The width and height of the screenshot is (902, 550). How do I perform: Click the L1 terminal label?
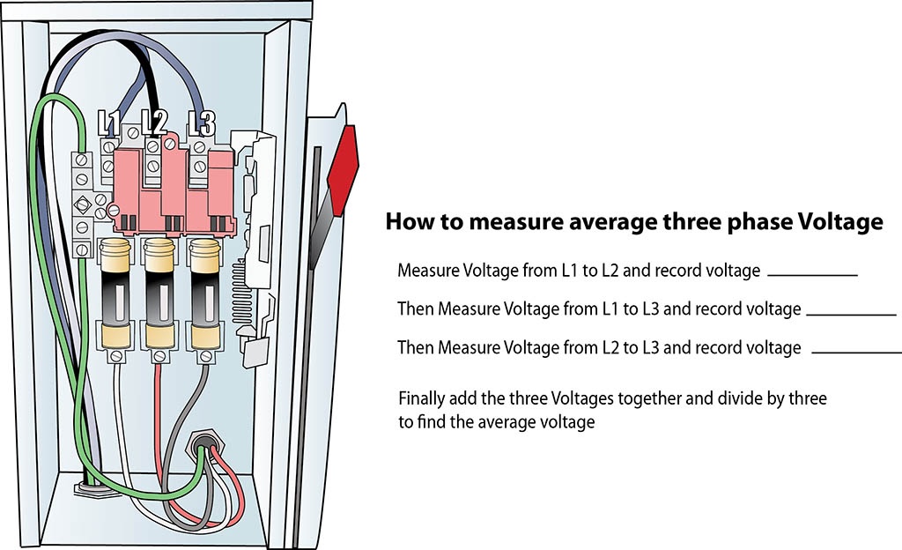(108, 123)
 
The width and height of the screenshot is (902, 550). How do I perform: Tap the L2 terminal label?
(154, 123)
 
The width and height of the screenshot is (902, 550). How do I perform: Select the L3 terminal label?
(202, 123)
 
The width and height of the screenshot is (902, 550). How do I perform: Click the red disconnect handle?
(343, 170)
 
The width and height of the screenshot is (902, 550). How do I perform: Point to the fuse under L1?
(115, 294)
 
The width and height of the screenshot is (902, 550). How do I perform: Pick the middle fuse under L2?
(159, 294)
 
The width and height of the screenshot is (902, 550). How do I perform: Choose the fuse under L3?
(204, 294)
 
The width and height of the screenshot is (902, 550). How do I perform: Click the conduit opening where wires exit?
(204, 445)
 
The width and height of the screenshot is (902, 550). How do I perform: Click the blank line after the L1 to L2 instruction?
(812, 275)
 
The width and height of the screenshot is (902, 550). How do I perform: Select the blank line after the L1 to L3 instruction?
(852, 314)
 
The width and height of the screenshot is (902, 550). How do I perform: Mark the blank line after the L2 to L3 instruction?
(856, 352)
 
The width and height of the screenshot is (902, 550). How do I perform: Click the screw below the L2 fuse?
(159, 357)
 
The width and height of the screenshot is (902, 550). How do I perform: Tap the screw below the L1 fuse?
(115, 357)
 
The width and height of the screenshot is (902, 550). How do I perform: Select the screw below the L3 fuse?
(205, 357)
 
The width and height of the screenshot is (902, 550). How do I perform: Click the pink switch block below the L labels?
(174, 188)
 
